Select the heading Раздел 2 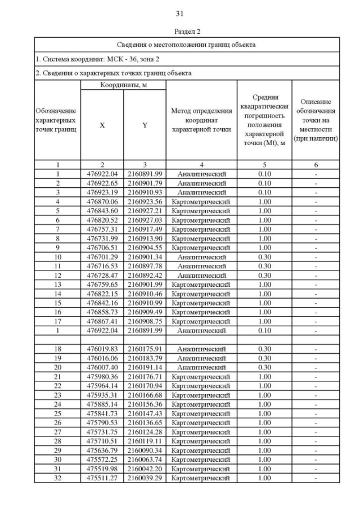click(x=179, y=31)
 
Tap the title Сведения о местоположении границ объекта click(x=186, y=44)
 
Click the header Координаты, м click(x=123, y=85)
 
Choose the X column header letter click(x=102, y=125)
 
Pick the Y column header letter click(x=145, y=125)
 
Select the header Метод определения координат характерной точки click(x=201, y=120)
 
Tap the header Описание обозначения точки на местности click(x=316, y=120)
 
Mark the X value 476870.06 click(x=102, y=201)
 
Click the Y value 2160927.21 click(x=145, y=210)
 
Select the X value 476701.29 click(x=102, y=256)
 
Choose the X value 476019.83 click(x=102, y=349)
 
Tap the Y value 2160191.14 click(x=145, y=367)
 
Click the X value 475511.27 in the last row click(x=102, y=478)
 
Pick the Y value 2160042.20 click(x=145, y=469)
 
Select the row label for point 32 click(x=57, y=478)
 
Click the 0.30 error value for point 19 click(x=264, y=358)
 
